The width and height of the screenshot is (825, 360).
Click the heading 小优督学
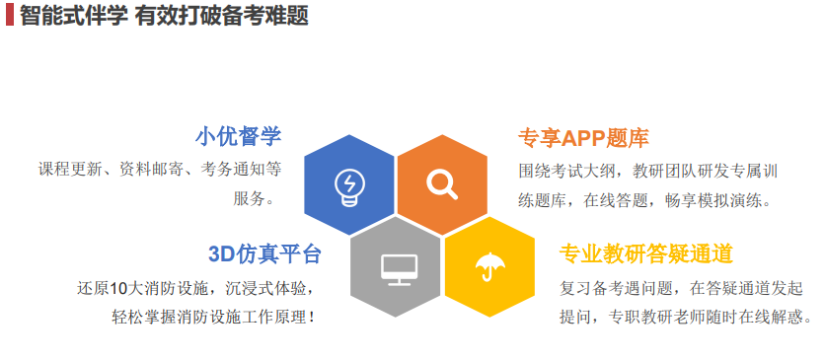(238, 136)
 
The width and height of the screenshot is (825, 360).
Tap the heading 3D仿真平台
(265, 254)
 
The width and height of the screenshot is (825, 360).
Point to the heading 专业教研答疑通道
(646, 254)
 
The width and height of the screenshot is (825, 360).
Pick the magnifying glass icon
(441, 183)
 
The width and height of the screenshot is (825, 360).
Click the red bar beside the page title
(9, 16)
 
